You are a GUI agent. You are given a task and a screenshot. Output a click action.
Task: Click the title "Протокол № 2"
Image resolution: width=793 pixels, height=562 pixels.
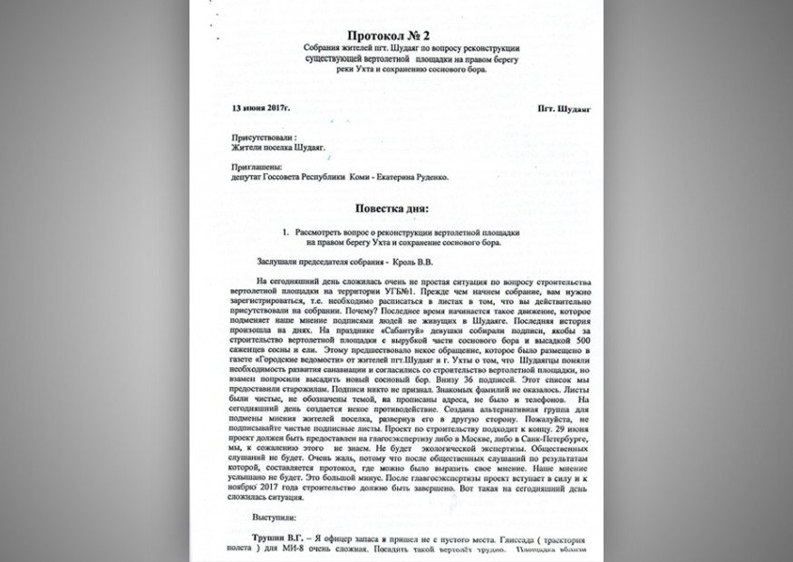click(395, 34)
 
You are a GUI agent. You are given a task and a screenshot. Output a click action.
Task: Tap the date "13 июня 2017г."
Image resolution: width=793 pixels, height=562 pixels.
click(261, 108)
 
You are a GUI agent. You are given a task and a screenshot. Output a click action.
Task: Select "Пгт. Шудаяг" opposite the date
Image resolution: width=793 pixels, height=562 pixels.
click(563, 108)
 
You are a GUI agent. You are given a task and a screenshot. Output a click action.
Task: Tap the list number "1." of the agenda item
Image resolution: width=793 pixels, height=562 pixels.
click(285, 232)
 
